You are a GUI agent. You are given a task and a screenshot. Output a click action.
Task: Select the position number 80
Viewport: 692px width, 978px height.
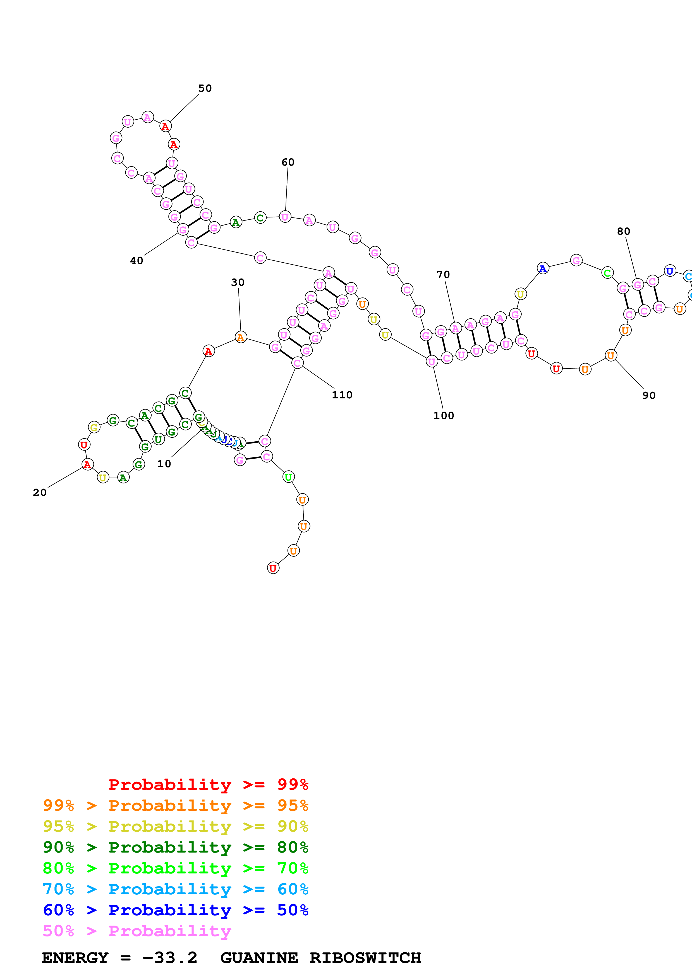pyautogui.click(x=623, y=231)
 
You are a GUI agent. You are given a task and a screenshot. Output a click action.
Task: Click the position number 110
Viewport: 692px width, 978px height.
pyautogui.click(x=342, y=395)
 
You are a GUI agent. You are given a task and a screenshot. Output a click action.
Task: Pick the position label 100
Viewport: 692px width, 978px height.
pyautogui.click(x=444, y=416)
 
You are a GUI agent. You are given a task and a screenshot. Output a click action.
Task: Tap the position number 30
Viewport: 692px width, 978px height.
pyautogui.click(x=238, y=282)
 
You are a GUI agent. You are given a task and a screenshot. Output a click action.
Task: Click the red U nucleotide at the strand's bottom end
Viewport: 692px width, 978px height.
pyautogui.click(x=273, y=568)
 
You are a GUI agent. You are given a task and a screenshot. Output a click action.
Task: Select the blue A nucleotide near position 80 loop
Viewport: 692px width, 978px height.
pyautogui.click(x=542, y=268)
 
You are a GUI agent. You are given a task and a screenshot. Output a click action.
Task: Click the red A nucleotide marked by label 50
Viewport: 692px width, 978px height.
pyautogui.click(x=166, y=127)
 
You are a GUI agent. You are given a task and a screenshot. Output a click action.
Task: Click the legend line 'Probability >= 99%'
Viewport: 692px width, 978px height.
pyautogui.click(x=208, y=785)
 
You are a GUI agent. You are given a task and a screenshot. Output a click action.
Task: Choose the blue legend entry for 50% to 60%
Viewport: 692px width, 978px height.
pyautogui.click(x=175, y=910)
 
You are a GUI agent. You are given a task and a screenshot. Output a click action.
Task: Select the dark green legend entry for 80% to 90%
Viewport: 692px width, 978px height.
pyautogui.click(x=175, y=847)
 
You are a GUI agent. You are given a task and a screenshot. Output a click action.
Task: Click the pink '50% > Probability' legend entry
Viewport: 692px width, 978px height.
pyautogui.click(x=137, y=931)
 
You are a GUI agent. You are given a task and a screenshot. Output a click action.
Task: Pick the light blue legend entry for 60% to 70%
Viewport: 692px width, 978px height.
pyautogui.click(x=175, y=889)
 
